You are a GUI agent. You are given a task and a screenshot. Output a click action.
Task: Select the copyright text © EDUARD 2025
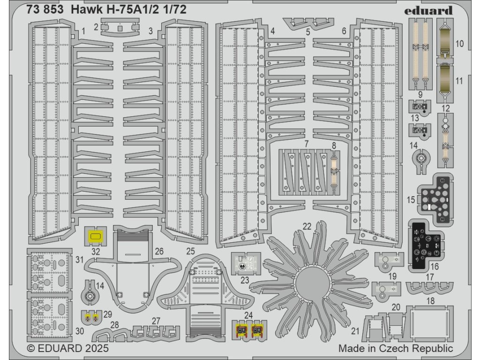[x=68, y=349]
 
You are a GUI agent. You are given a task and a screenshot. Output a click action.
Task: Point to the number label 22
[x=307, y=226]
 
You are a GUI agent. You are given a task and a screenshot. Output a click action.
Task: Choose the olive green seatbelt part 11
[x=445, y=82]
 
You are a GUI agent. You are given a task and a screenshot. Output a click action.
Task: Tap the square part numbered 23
[x=247, y=263]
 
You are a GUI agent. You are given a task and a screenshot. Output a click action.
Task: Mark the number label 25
[x=190, y=251]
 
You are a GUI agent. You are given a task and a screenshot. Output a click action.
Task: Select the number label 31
[x=79, y=260]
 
